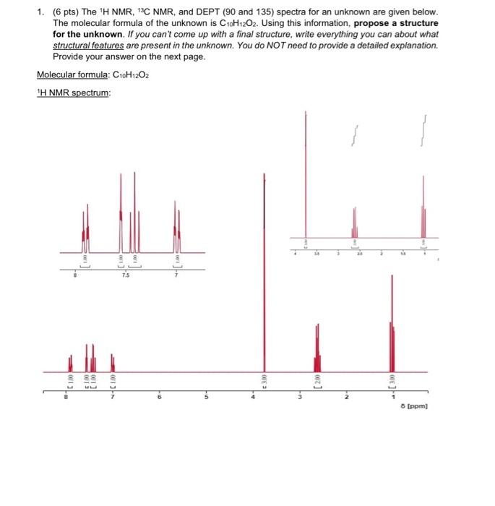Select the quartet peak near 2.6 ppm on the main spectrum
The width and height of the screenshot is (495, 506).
point(317,347)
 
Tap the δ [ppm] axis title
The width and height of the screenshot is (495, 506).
point(415,406)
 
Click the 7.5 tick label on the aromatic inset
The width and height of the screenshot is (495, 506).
point(126,275)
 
